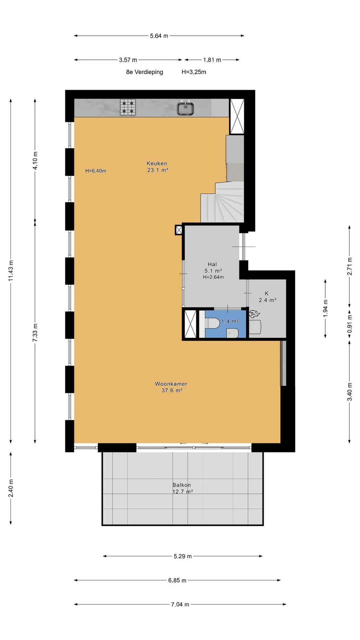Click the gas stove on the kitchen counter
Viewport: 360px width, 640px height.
coord(128,108)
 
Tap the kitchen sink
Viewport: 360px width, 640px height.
coord(186,108)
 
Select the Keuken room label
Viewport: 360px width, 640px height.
coord(157,163)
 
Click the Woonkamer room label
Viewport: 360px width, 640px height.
coord(171,384)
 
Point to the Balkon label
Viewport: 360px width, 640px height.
coord(181,485)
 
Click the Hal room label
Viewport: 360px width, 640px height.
coord(212,264)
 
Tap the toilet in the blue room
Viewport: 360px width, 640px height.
coord(211,323)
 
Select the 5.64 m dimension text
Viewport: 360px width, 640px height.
coord(159,36)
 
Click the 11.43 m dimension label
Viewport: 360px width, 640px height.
coord(11,271)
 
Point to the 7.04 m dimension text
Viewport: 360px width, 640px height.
coord(180,604)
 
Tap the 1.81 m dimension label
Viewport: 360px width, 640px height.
coord(212,60)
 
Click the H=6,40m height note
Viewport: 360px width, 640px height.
coord(96,171)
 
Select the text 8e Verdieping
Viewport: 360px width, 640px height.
coord(145,72)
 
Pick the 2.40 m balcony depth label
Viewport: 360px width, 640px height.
coord(11,488)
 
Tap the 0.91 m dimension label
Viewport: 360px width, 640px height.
coord(349,324)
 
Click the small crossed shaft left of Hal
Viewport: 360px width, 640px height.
coord(179,230)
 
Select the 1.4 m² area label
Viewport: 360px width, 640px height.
coord(230,321)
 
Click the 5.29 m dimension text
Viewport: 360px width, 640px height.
coord(183,556)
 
